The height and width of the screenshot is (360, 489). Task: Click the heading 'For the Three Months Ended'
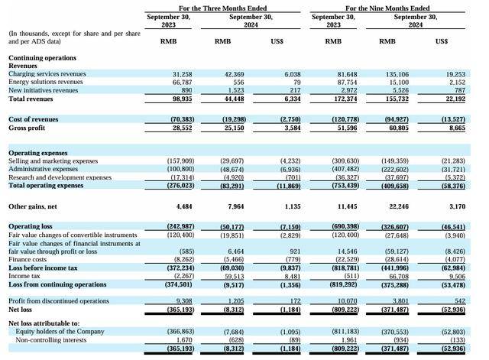pos(222,8)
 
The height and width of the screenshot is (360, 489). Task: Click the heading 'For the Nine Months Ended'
pos(387,8)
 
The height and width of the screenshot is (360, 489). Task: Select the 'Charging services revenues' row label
pos(47,74)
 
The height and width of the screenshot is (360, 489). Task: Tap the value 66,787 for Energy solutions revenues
pos(183,82)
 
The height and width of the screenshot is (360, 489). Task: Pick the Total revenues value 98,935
pos(183,99)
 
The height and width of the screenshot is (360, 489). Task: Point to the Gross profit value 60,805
pos(399,128)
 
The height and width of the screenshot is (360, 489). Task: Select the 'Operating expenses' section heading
pos(38,153)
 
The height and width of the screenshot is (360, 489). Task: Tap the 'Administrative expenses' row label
pos(43,169)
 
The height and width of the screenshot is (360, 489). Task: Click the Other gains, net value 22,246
pos(399,206)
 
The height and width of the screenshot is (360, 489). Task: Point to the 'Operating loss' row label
pos(31,226)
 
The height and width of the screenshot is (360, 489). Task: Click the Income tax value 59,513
pos(235,277)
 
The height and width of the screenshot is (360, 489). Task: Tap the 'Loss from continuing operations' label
pos(57,284)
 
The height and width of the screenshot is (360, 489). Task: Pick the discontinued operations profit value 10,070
pos(348,301)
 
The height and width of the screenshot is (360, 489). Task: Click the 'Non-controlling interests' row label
pos(51,340)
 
